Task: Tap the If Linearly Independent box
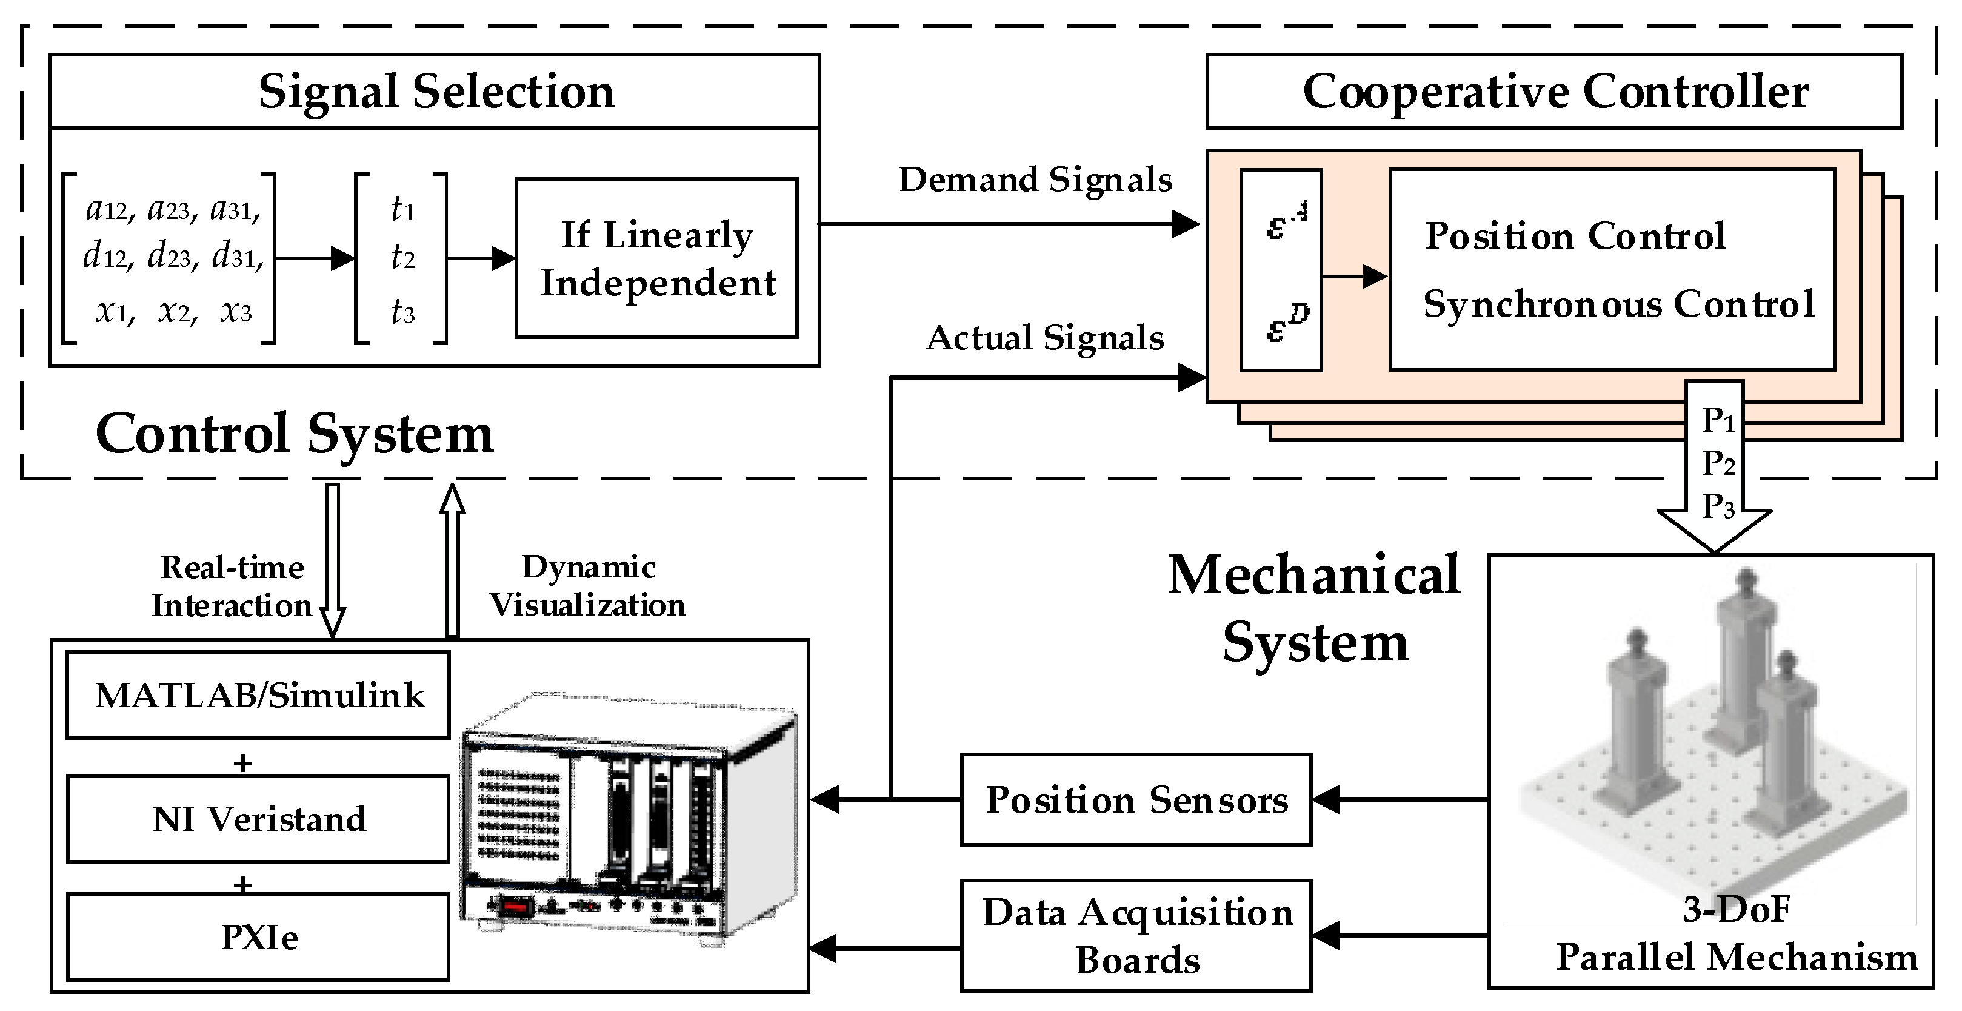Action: pyautogui.click(x=656, y=258)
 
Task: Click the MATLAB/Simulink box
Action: pyautogui.click(x=258, y=695)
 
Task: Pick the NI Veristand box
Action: pyautogui.click(x=258, y=819)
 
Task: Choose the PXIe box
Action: pyautogui.click(x=258, y=936)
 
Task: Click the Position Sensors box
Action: pyautogui.click(x=1136, y=800)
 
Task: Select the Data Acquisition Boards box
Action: pyautogui.click(x=1136, y=936)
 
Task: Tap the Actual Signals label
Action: pyautogui.click(x=1045, y=338)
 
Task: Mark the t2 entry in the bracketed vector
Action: pyautogui.click(x=403, y=258)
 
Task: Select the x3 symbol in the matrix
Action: pyautogui.click(x=236, y=312)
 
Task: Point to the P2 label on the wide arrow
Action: pyautogui.click(x=1719, y=463)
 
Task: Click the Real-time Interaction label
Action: pyautogui.click(x=232, y=586)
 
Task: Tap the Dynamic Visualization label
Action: pyautogui.click(x=587, y=586)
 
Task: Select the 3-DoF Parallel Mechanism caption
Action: pyautogui.click(x=1737, y=934)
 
